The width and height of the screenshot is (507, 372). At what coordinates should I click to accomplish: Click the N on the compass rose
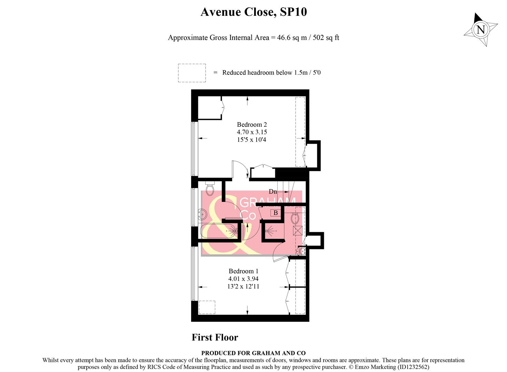pyautogui.click(x=480, y=29)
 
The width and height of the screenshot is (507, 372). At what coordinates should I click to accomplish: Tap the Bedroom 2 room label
pyautogui.click(x=252, y=125)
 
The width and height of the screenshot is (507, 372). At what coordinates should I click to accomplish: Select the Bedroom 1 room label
pyautogui.click(x=243, y=271)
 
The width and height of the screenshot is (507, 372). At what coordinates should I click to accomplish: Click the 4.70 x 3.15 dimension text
pyautogui.click(x=252, y=132)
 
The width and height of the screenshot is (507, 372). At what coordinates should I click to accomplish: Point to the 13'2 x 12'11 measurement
pyautogui.click(x=243, y=287)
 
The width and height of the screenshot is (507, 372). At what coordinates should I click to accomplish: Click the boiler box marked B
pyautogui.click(x=276, y=213)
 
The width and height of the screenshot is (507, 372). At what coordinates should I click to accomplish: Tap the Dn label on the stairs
pyautogui.click(x=273, y=192)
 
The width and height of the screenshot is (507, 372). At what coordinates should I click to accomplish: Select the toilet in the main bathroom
pyautogui.click(x=210, y=188)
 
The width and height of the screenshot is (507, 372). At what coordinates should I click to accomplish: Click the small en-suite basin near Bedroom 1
pyautogui.click(x=302, y=251)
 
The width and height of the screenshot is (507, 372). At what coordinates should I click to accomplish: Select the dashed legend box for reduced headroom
pyautogui.click(x=192, y=73)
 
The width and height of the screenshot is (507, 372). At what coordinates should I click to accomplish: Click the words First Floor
pyautogui.click(x=215, y=338)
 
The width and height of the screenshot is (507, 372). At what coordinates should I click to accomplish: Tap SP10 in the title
pyautogui.click(x=293, y=12)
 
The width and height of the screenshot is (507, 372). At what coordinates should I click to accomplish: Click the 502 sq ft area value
pyautogui.click(x=326, y=38)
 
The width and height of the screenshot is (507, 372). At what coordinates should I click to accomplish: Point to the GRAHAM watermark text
pyautogui.click(x=268, y=202)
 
